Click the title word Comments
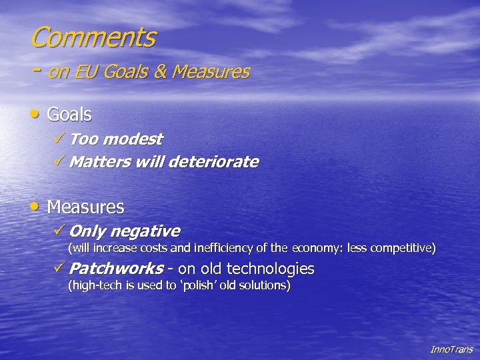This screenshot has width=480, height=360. pyautogui.click(x=93, y=37)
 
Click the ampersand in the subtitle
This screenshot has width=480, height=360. pyautogui.click(x=160, y=71)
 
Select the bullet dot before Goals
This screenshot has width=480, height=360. pyautogui.click(x=36, y=114)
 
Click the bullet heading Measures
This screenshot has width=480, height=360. pyautogui.click(x=85, y=207)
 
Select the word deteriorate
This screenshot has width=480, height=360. pyautogui.click(x=215, y=162)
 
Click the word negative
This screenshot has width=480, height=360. pyautogui.click(x=144, y=231)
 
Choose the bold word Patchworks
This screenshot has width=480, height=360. pyautogui.click(x=116, y=269)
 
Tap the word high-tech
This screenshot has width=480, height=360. pyautogui.click(x=93, y=285)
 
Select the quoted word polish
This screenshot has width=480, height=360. pyautogui.click(x=203, y=285)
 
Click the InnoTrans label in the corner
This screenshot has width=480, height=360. pyautogui.click(x=451, y=349)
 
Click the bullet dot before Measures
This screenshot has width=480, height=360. pyautogui.click(x=36, y=207)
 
